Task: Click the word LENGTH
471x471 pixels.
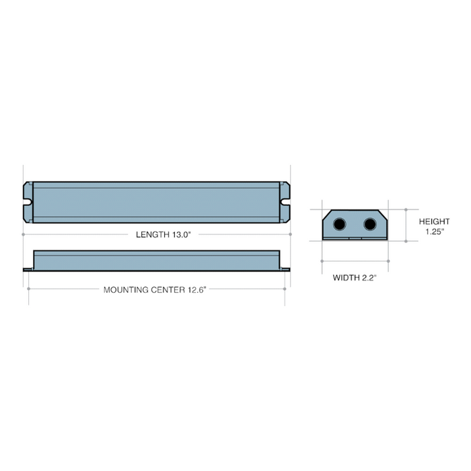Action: [151, 234]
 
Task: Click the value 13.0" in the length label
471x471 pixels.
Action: [180, 234]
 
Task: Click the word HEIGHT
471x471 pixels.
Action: [434, 221]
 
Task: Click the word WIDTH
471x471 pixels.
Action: [347, 277]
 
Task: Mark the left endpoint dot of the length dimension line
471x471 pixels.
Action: [24, 234]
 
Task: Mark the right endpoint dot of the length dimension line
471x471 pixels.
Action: [290, 234]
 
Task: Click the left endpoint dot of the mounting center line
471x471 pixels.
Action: [28, 289]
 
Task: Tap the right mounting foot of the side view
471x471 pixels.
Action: [285, 270]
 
